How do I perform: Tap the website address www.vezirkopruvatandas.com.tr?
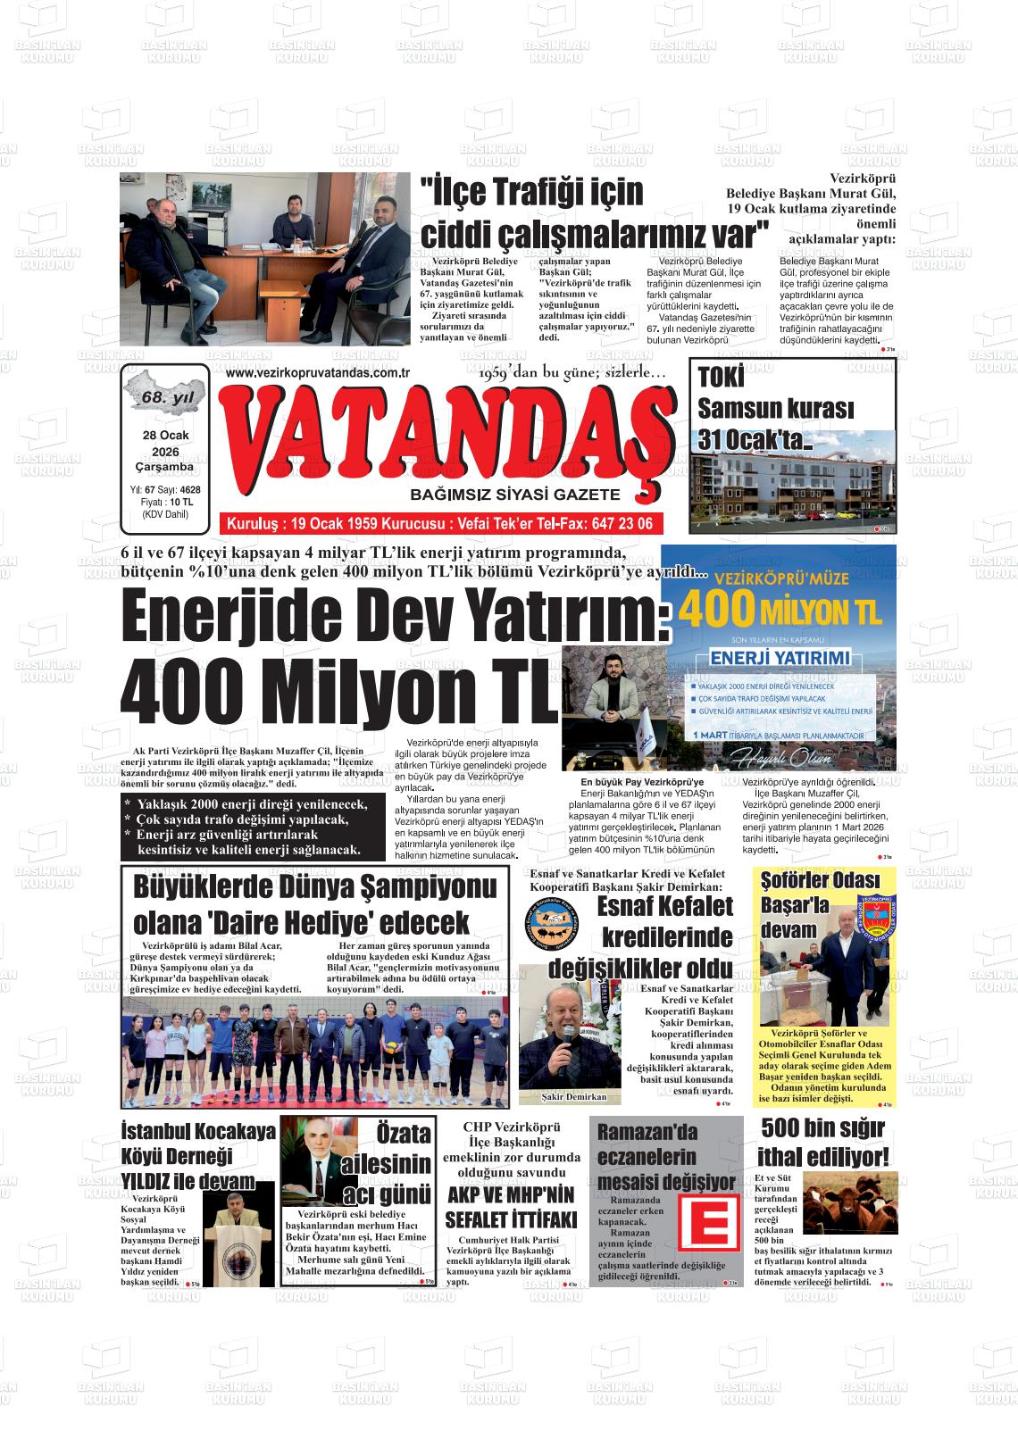318,372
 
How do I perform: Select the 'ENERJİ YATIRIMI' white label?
780,660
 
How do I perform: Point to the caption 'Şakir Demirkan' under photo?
574,1097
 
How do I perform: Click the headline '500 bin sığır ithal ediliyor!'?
823,1143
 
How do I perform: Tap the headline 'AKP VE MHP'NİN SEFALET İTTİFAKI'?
511,1207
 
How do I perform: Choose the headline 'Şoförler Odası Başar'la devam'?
806,906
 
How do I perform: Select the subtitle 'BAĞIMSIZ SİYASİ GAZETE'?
513,495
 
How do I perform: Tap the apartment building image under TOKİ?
791,487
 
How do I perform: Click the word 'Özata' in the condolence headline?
403,1133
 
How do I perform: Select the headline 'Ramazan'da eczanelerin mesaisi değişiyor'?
665,1156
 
